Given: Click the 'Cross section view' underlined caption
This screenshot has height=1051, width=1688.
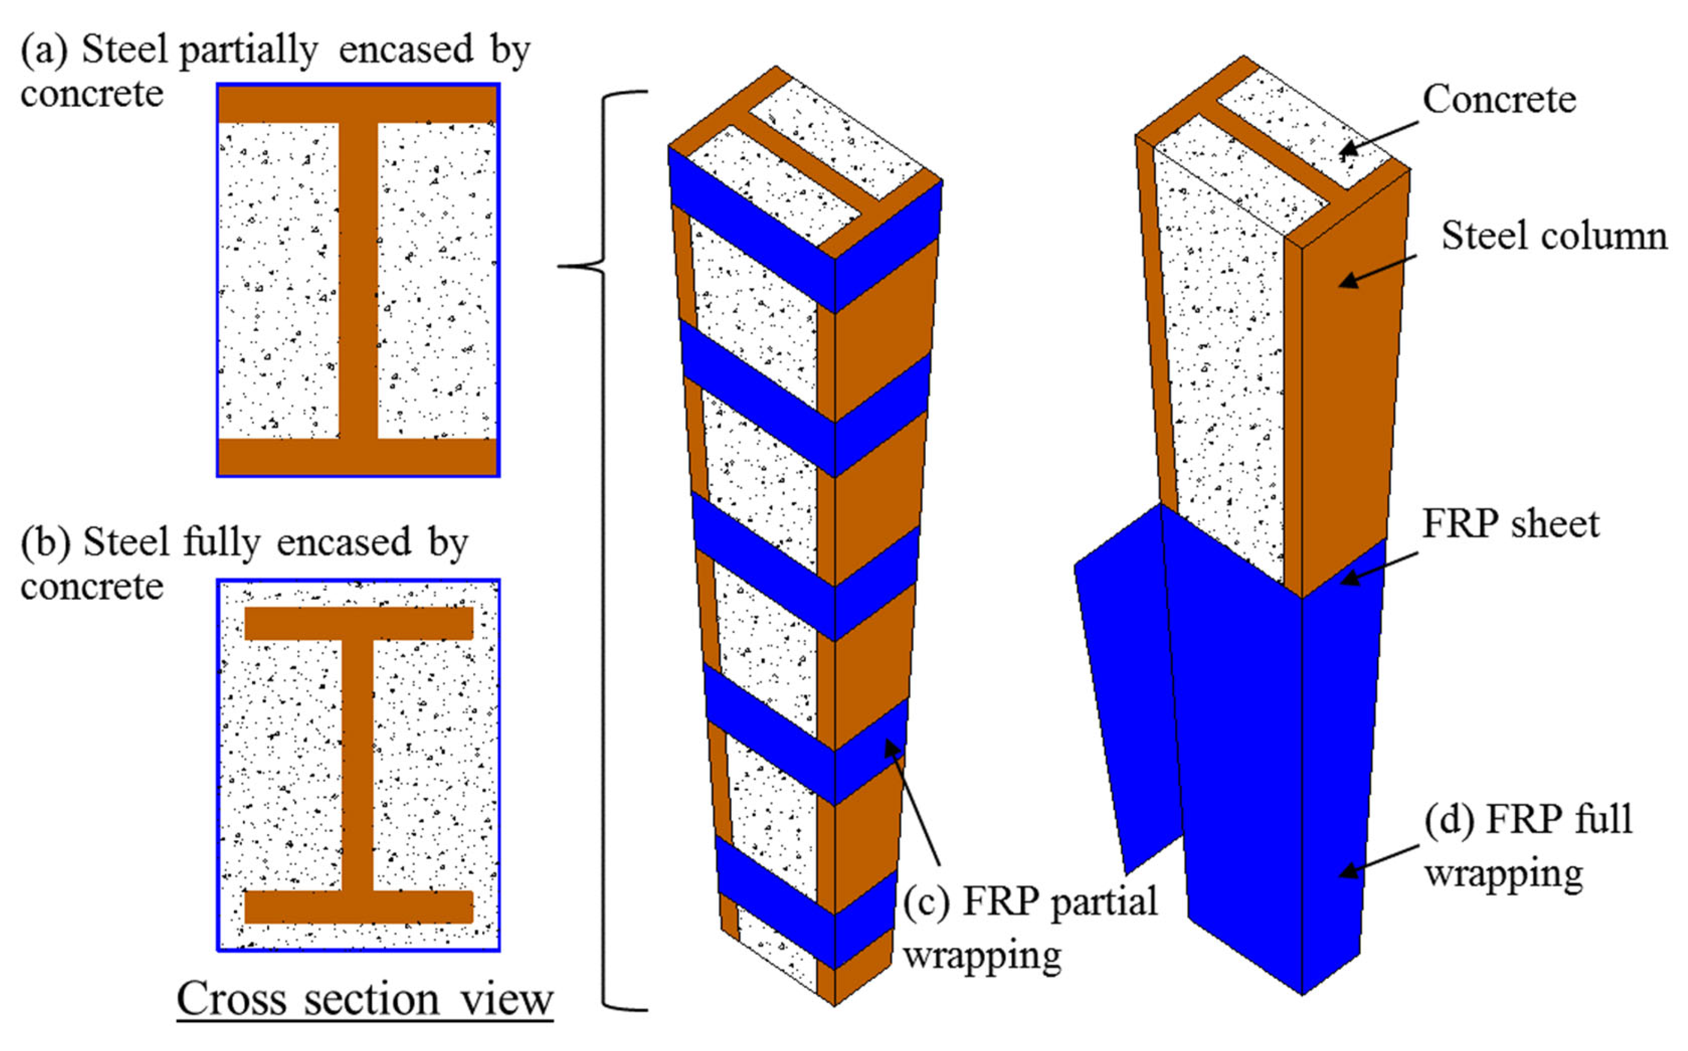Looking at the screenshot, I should click(x=364, y=1000).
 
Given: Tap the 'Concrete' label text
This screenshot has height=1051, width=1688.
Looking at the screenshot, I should click(x=1499, y=99).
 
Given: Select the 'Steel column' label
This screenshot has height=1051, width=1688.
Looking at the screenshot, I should click(x=1554, y=236).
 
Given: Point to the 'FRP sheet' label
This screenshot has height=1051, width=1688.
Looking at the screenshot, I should click(x=1510, y=524).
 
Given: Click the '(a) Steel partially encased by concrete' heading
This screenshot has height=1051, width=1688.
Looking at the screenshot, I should click(x=275, y=69).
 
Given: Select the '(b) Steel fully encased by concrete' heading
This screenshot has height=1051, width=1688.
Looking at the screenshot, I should click(x=244, y=563).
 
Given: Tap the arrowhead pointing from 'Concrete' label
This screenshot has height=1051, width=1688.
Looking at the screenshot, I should click(x=1349, y=150).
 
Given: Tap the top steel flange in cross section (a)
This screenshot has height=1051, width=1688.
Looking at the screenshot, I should click(x=358, y=104).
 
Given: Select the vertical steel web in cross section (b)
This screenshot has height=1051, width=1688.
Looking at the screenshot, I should click(x=358, y=765).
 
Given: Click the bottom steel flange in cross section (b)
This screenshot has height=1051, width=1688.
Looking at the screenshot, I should click(x=358, y=906).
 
